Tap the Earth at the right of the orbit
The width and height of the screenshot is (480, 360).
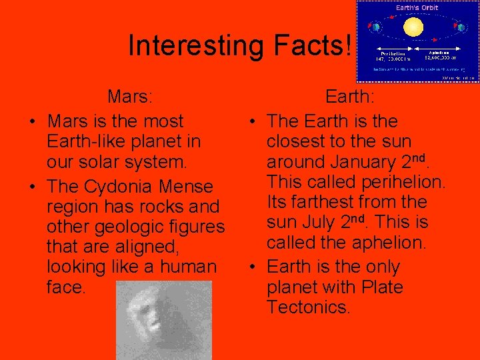[461, 28]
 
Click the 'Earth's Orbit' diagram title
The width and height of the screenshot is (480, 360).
[416, 8]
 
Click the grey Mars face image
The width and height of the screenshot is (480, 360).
[163, 321]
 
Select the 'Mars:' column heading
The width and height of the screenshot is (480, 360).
[131, 97]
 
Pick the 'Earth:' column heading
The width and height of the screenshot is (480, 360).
[349, 97]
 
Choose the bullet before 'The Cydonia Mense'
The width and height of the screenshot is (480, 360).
[31, 187]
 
